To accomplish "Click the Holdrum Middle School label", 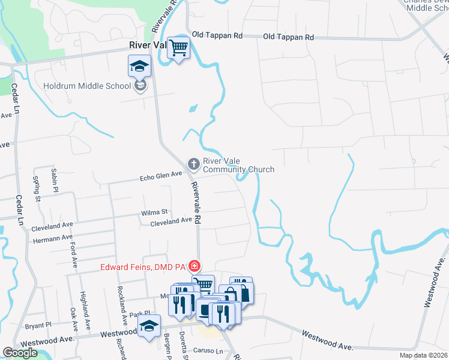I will [87, 86].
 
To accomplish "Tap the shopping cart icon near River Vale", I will [178, 47].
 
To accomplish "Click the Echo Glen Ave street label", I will [160, 175].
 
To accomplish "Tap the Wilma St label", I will [155, 212].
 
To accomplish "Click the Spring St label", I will [37, 188].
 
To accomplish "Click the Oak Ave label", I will [73, 320].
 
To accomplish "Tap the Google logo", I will [20, 353].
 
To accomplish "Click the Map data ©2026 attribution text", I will [424, 355].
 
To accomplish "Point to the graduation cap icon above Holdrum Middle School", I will [140, 66].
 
